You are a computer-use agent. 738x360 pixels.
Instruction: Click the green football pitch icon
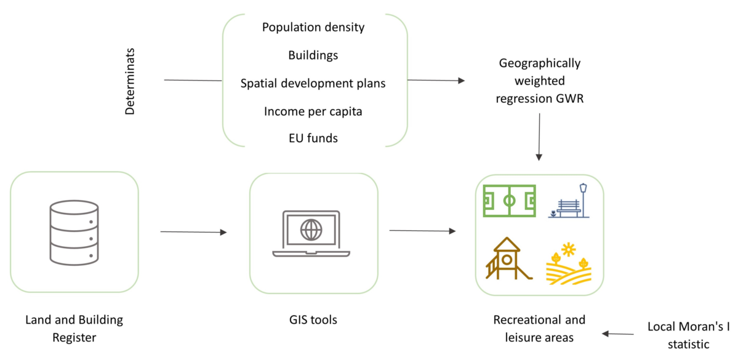tap(509, 201)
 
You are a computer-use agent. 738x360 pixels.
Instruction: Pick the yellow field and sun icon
tap(568, 263)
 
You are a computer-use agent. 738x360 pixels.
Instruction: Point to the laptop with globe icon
tap(311, 233)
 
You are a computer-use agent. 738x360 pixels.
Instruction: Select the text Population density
tap(313, 27)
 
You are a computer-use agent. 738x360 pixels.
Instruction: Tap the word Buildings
tap(313, 55)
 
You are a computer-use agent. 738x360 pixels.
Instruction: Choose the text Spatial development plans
tap(313, 83)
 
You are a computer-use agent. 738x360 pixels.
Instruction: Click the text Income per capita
tap(313, 111)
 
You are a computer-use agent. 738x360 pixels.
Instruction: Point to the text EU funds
tap(313, 138)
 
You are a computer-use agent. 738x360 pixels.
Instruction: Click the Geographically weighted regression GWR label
tap(540, 80)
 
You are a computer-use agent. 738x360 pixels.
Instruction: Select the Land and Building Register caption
tap(74, 329)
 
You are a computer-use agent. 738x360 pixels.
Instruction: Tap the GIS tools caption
tap(313, 320)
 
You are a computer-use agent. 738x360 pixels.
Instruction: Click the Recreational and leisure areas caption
tap(539, 329)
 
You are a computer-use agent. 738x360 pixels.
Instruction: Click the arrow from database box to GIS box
tap(193, 232)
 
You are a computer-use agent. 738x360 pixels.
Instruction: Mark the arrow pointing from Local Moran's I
tap(617, 334)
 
